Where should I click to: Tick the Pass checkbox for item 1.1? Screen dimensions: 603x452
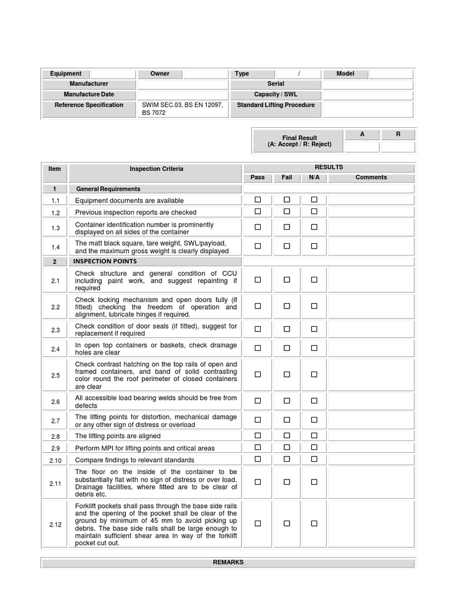(258, 200)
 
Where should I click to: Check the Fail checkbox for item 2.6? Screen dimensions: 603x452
(287, 402)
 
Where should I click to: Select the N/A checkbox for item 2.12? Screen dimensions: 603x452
(314, 523)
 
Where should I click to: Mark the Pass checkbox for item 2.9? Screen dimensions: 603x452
(258, 447)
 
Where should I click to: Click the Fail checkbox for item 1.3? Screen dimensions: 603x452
(287, 227)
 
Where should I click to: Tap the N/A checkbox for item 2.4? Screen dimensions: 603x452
(314, 348)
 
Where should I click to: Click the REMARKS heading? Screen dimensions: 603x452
(228, 562)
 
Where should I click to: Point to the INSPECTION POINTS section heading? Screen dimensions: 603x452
(105, 261)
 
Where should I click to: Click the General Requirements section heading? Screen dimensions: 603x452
(108, 189)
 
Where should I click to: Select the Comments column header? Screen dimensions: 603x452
(371, 177)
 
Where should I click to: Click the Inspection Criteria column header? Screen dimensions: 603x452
(156, 169)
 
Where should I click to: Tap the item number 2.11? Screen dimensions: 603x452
(55, 483)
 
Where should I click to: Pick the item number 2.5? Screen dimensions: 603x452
(55, 375)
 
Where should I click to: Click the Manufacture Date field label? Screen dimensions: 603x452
(89, 94)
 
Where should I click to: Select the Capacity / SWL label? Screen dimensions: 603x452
(275, 94)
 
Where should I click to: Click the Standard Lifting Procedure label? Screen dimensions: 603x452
(275, 105)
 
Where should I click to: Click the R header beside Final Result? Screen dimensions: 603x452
(398, 134)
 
